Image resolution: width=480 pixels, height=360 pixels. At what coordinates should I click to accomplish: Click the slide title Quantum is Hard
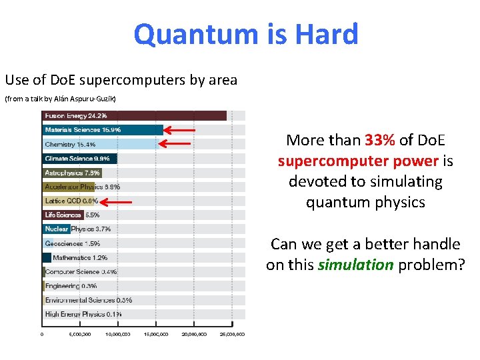pos(246,35)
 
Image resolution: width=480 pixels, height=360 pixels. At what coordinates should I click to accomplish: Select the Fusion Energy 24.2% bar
pos(133,115)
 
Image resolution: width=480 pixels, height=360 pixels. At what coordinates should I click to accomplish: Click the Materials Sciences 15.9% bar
pos(103,130)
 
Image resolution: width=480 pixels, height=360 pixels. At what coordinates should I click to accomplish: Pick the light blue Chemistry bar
pos(100,144)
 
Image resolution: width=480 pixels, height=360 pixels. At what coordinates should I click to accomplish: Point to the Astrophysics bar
pos(72,173)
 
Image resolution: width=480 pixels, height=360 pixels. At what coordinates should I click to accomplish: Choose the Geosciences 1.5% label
pos(73,243)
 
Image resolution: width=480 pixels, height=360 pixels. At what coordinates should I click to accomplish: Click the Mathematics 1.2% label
pos(80,257)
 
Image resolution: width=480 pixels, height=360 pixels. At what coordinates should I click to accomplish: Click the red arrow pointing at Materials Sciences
pos(180,130)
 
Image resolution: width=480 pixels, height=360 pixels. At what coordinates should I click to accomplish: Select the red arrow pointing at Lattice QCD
pos(117,201)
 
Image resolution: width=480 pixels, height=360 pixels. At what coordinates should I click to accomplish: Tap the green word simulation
pos(355,265)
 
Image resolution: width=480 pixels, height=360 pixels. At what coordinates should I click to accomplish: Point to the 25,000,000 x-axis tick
pos(233,335)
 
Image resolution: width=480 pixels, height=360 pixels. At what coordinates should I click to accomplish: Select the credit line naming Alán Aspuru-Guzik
pos(61,99)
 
